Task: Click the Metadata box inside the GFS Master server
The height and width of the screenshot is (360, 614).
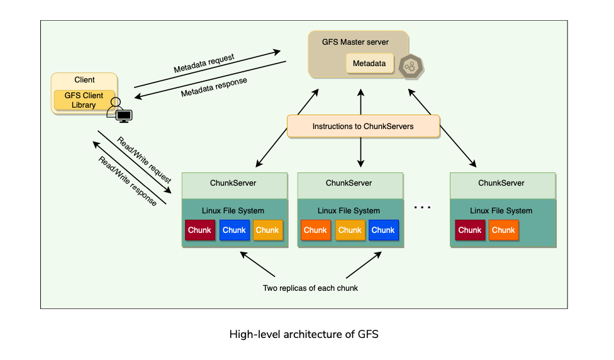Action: click(x=369, y=64)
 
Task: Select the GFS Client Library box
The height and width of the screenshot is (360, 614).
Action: click(x=84, y=101)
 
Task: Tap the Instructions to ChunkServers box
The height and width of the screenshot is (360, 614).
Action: click(x=363, y=127)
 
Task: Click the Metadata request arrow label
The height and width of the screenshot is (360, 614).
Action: click(x=204, y=63)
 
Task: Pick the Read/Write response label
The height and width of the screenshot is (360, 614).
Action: click(x=127, y=181)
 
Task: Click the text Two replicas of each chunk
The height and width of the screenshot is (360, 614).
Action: click(x=311, y=289)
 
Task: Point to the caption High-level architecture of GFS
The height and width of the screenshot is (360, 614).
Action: click(x=304, y=334)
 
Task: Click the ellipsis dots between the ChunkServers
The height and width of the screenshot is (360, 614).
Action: click(x=422, y=206)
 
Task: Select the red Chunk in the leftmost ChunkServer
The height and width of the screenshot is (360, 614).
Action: click(x=199, y=230)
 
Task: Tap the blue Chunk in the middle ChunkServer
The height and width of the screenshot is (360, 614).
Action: click(x=383, y=230)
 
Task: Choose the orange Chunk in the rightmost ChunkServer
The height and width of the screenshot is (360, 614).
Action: click(x=503, y=230)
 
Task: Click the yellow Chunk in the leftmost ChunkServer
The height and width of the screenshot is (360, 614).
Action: click(x=267, y=230)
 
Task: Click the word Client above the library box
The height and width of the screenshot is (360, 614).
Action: click(x=84, y=80)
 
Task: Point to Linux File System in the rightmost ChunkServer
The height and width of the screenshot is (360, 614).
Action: click(x=501, y=211)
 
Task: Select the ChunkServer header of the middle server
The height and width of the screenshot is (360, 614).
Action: click(x=349, y=183)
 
